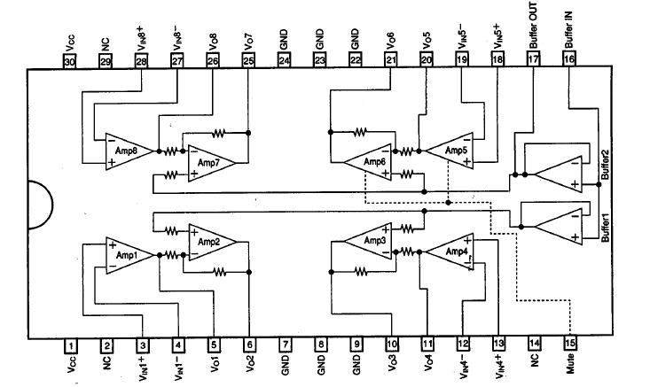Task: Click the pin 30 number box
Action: pyautogui.click(x=71, y=59)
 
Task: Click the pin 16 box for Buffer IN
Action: pyautogui.click(x=568, y=59)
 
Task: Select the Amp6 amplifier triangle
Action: pyautogui.click(x=368, y=163)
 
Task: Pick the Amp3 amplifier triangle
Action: pyautogui.click(x=368, y=241)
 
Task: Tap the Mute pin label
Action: pyautogui.click(x=568, y=369)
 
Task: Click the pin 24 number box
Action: pyautogui.click(x=284, y=59)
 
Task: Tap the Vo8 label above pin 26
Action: pyautogui.click(x=213, y=39)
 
